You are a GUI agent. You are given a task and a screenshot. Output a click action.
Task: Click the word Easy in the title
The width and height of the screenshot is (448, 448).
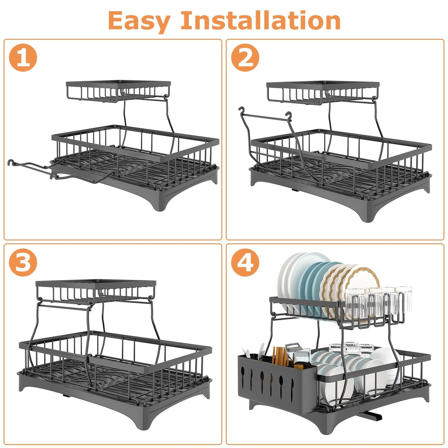pyautogui.click(x=139, y=21)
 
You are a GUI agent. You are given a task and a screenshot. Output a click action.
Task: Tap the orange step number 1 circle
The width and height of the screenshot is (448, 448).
pyautogui.click(x=23, y=58)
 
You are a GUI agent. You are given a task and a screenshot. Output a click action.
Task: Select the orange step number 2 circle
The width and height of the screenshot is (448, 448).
pyautogui.click(x=245, y=58)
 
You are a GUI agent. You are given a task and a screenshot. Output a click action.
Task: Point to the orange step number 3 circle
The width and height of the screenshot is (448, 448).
pyautogui.click(x=23, y=262)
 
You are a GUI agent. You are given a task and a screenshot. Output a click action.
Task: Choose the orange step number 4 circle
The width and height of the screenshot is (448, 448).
pyautogui.click(x=245, y=262)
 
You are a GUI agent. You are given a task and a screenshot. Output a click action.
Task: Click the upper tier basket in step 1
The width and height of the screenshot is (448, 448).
pyautogui.click(x=118, y=91)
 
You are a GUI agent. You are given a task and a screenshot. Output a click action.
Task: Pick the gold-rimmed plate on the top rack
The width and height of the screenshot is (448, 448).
pyautogui.click(x=363, y=279)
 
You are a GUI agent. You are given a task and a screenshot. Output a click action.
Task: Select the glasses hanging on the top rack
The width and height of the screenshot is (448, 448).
pyautogui.click(x=378, y=302)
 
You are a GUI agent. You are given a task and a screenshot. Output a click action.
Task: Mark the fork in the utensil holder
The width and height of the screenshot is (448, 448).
pyautogui.click(x=261, y=353)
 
